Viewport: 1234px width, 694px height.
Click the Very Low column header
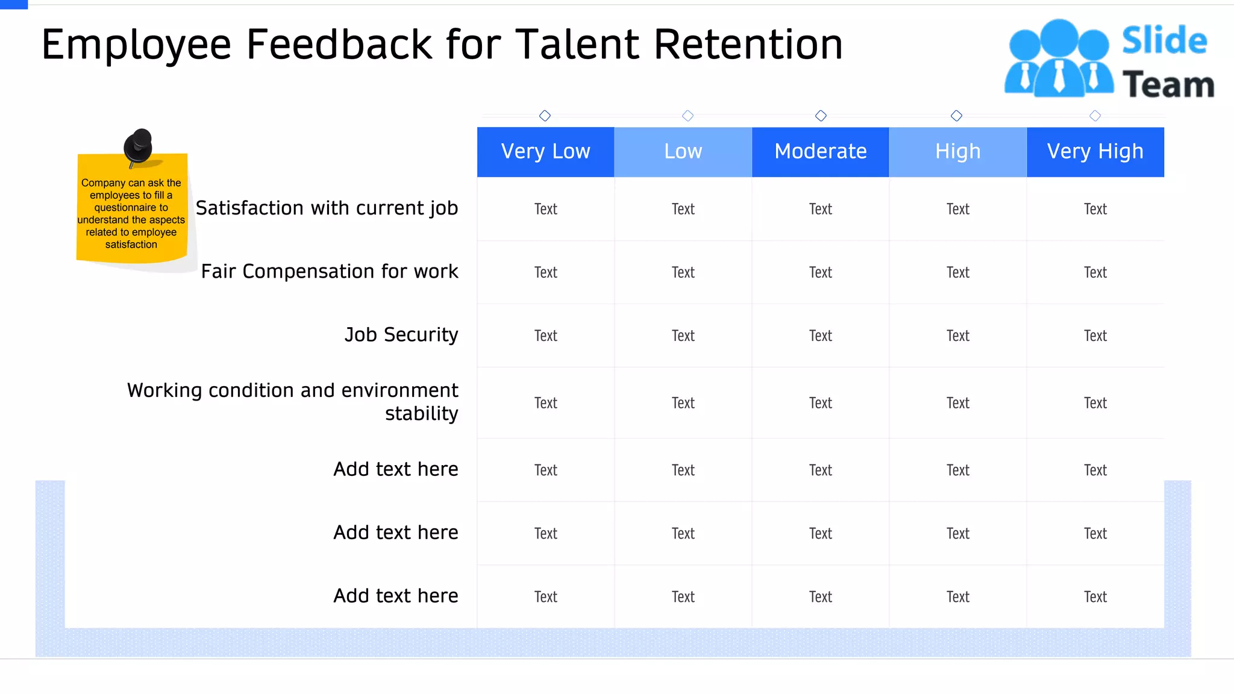point(545,151)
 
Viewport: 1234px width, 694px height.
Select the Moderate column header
point(820,151)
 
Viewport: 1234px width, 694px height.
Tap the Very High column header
point(1095,151)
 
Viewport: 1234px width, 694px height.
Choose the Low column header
point(683,151)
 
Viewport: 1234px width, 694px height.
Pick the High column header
point(957,151)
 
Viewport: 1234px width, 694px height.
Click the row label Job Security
point(401,335)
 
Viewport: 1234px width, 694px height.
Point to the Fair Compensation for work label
point(330,272)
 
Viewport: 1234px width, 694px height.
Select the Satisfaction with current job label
point(327,208)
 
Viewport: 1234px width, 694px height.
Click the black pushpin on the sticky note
point(139,146)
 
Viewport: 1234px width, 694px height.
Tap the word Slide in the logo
point(1164,41)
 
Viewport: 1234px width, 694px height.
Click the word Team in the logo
point(1168,84)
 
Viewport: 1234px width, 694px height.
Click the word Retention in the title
point(748,45)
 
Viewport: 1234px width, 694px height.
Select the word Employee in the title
point(136,46)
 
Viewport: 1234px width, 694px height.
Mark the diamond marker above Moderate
point(821,116)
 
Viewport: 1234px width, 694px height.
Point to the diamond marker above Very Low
point(545,116)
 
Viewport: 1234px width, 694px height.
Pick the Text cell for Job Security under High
point(957,336)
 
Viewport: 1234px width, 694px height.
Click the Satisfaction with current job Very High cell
point(1095,209)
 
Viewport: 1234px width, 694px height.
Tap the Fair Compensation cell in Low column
point(683,272)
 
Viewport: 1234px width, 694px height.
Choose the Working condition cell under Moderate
point(820,403)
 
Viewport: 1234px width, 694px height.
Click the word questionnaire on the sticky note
point(131,207)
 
